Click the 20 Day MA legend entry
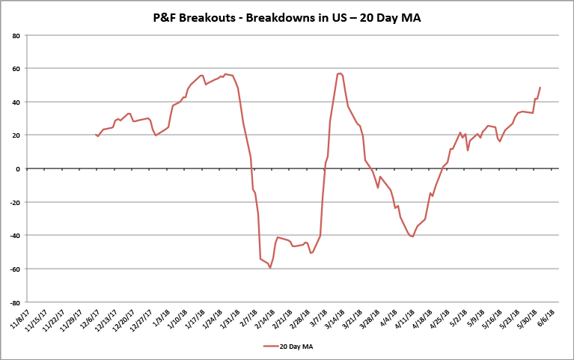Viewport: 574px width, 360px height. point(293,346)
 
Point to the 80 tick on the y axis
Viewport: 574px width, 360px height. point(16,35)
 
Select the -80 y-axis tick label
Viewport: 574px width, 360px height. point(14,302)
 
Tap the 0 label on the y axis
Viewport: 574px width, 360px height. point(17,168)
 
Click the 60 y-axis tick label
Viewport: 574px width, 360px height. point(16,68)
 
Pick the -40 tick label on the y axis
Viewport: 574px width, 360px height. point(14,236)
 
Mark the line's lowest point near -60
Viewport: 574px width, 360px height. point(270,268)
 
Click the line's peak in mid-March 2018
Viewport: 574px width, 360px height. point(341,73)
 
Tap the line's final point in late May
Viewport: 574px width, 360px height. point(540,87)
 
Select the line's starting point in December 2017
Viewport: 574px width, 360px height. point(96,135)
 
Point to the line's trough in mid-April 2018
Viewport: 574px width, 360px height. point(412,237)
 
